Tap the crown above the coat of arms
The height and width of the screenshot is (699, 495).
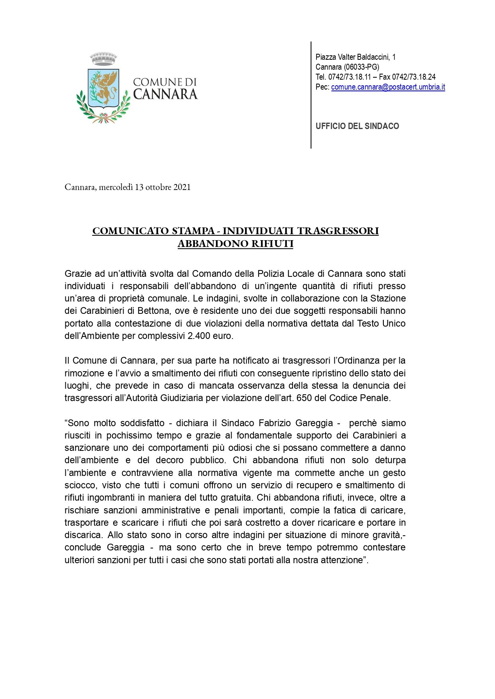click(103, 59)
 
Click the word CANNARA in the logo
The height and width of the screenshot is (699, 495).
click(165, 94)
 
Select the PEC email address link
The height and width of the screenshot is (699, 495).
click(388, 87)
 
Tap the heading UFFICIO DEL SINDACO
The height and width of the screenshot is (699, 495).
click(357, 126)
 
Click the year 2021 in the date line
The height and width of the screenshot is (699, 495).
click(182, 187)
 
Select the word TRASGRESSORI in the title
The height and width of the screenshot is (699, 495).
click(338, 231)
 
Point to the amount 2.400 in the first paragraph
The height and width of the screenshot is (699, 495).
click(199, 336)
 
